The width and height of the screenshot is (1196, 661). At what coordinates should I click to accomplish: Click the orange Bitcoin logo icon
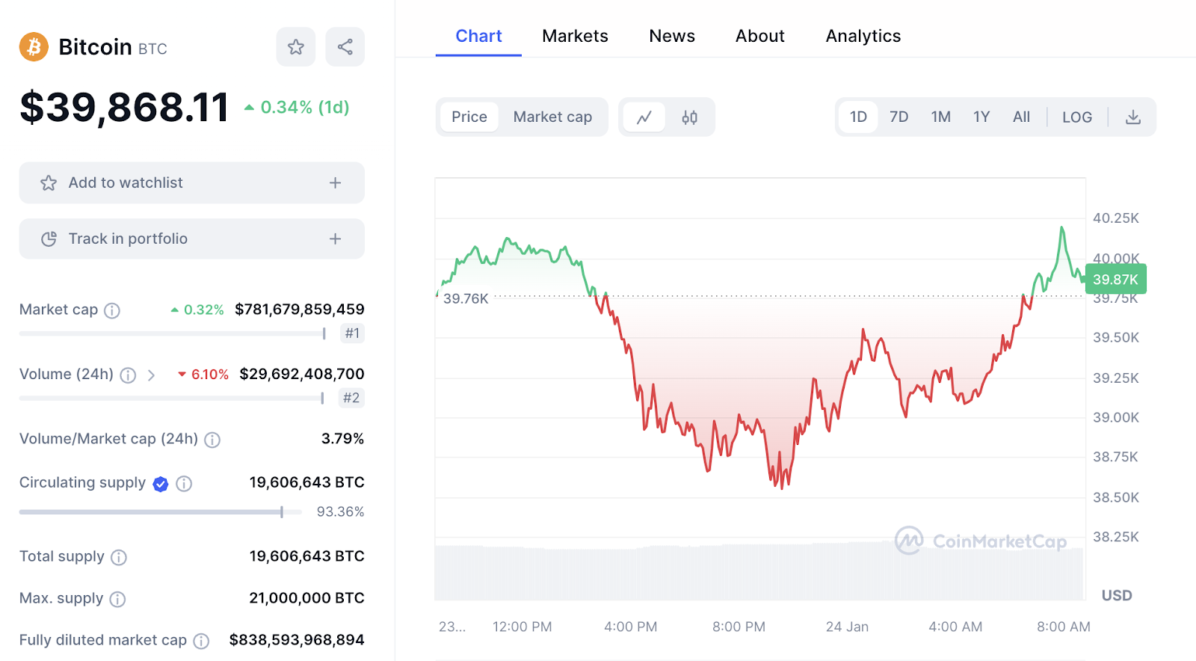click(x=34, y=47)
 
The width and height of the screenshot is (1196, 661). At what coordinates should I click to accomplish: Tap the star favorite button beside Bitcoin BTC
click(x=296, y=47)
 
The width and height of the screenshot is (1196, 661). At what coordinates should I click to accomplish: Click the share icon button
click(x=345, y=47)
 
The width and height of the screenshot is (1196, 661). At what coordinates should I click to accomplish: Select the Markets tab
click(x=575, y=36)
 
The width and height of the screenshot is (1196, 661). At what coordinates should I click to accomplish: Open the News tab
click(x=671, y=36)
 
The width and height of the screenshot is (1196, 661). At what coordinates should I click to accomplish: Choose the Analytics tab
click(x=863, y=36)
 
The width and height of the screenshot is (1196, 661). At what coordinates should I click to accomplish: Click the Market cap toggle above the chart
click(x=552, y=117)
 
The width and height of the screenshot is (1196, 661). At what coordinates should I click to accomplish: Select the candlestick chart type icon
click(x=689, y=117)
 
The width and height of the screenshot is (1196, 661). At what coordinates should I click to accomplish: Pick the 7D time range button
click(x=898, y=117)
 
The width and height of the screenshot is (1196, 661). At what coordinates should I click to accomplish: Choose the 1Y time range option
click(x=981, y=117)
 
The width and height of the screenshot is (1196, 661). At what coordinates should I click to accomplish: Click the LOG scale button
click(x=1076, y=117)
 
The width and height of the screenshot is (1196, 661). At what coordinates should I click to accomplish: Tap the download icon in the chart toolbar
click(x=1133, y=117)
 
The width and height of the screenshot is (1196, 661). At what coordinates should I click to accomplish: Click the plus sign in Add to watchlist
click(x=335, y=182)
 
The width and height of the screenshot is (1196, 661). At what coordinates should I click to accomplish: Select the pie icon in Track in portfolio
click(x=49, y=239)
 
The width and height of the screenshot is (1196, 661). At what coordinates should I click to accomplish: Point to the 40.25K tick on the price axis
click(x=1115, y=218)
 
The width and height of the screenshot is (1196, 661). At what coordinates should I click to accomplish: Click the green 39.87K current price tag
click(x=1115, y=280)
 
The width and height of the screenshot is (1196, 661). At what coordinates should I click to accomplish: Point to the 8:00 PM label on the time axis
click(x=739, y=627)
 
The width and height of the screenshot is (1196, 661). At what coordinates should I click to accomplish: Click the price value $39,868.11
click(x=124, y=107)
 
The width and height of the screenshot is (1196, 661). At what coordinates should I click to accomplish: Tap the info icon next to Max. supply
click(x=117, y=599)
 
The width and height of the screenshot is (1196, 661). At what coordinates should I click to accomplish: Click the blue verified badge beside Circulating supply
click(x=161, y=484)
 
